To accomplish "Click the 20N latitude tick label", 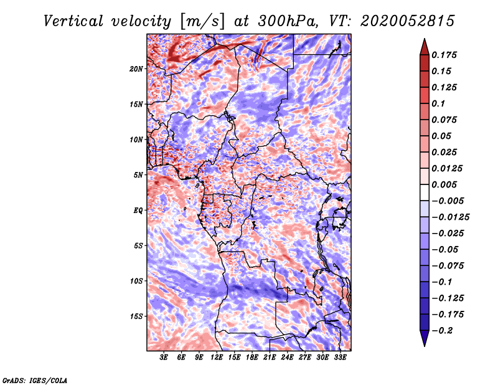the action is click(136, 69).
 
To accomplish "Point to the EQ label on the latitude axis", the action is click(138, 211).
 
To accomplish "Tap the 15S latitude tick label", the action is click(136, 316).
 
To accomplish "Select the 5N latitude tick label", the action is click(138, 175).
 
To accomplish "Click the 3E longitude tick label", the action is click(164, 358).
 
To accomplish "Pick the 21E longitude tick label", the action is click(270, 358).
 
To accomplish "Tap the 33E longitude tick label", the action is click(340, 358).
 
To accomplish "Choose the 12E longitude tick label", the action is click(216, 358).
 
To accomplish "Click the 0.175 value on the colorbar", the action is click(444, 55).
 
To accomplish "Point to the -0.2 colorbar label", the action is click(442, 331).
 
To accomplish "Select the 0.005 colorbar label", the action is click(444, 184).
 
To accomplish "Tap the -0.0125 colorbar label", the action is click(450, 217).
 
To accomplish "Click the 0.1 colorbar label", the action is click(438, 103).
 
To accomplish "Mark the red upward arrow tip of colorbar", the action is click(425, 39).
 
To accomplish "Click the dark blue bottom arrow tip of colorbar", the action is click(425, 346).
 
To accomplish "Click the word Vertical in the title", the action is click(73, 21).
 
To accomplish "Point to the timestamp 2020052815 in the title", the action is click(408, 21).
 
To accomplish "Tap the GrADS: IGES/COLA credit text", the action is click(35, 380).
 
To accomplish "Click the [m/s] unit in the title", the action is click(202, 22).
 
